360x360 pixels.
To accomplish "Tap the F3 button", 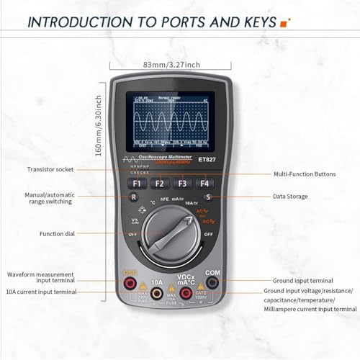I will [183, 183].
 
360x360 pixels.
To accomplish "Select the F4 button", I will [206, 183].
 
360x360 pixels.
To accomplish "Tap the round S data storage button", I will [208, 197].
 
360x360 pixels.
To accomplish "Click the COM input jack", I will [212, 286].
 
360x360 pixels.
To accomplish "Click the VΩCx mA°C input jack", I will [185, 286].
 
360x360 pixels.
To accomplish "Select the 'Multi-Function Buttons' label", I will [305, 174].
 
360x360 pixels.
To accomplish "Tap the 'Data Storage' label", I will [290, 196].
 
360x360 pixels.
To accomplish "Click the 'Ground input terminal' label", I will [302, 280].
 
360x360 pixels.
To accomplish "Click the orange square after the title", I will [284, 22].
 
